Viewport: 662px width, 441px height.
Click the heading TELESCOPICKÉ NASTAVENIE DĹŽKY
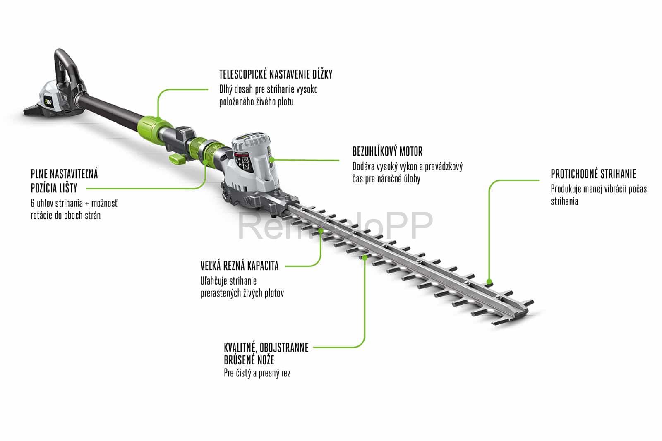coord(276,74)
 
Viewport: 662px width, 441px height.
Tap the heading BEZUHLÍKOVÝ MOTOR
coord(387,151)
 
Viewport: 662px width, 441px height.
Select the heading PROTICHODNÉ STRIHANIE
coord(593,174)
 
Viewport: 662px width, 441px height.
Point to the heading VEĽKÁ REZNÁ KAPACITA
coord(240,266)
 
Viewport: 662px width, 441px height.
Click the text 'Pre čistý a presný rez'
coord(257,373)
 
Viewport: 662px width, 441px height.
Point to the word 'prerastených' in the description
coord(221,293)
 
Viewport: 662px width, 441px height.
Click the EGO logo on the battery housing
coord(48,102)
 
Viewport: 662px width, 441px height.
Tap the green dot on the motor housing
coord(272,160)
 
